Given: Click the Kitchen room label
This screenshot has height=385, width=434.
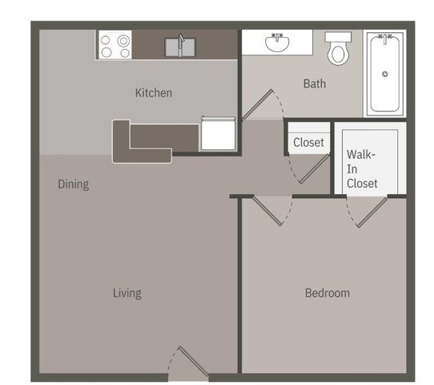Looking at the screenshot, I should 153,93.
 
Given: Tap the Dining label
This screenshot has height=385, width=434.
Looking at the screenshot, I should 73,184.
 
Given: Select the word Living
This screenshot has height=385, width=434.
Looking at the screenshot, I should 127,293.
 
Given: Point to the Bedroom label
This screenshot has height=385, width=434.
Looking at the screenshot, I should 327,293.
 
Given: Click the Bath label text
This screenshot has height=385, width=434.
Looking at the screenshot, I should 313,83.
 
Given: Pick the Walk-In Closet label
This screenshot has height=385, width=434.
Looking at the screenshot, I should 362,168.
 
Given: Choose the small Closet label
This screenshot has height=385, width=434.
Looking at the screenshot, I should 308,143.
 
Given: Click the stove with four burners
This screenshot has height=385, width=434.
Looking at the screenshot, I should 115,45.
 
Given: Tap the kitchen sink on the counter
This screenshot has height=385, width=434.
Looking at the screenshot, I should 180,46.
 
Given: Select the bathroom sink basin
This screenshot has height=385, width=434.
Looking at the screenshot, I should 279,43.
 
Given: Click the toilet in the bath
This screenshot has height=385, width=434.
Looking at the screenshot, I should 338,51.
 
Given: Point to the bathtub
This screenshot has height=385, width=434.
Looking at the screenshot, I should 385,73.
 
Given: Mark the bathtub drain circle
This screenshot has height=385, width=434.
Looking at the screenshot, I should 385,75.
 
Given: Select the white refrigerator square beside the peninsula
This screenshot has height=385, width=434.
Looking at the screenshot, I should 217,134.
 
